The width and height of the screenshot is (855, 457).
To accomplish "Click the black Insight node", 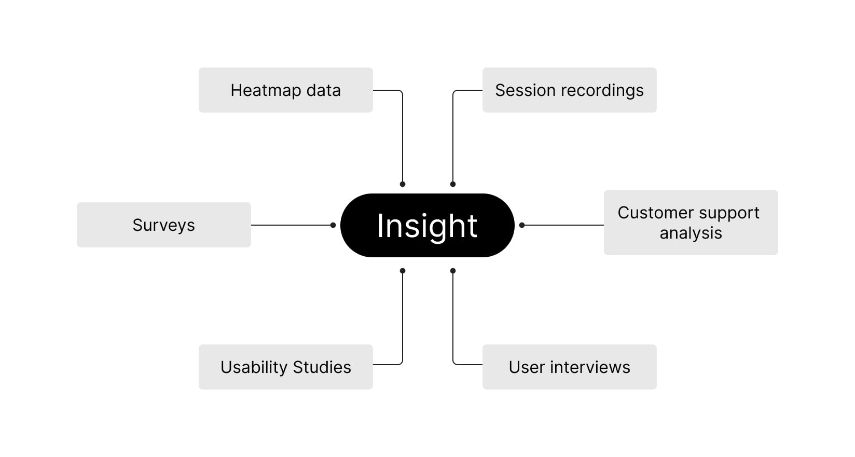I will [427, 225].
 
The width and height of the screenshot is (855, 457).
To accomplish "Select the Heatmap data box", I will [285, 90].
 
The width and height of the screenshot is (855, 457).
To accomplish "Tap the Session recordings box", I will [569, 90].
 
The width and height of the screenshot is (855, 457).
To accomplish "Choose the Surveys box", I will [163, 225].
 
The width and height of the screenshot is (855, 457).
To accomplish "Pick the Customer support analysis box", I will [691, 222].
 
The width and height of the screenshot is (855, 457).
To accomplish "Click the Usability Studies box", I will [285, 367].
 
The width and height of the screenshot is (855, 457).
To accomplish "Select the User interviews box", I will [569, 367].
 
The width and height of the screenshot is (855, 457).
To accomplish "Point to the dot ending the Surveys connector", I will [333, 225].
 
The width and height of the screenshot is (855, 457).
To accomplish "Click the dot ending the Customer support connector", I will [522, 225].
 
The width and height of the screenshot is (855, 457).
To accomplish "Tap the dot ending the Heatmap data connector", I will [403, 184].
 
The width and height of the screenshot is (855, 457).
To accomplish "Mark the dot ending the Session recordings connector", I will [453, 184].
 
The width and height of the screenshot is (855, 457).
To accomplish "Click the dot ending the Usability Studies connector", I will [403, 271].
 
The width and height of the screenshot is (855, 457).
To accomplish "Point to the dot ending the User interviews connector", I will [453, 271].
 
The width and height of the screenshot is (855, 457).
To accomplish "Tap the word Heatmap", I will [266, 91].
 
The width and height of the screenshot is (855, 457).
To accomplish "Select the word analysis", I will [691, 233].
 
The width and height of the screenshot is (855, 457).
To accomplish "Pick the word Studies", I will [322, 367].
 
